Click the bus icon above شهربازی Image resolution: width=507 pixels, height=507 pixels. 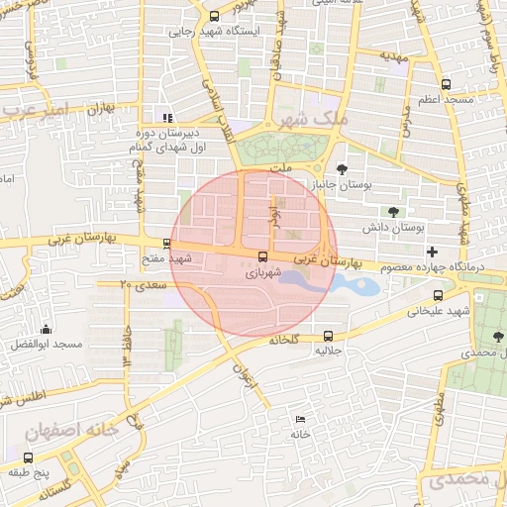(261, 256)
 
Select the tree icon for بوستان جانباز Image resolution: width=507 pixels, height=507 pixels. (343, 168)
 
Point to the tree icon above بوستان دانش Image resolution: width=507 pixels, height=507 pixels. (394, 212)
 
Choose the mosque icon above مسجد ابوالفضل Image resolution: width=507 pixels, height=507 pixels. (46, 330)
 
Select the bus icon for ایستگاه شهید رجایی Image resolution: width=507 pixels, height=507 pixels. (216, 17)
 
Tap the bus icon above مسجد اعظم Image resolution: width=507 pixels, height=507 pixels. (446, 85)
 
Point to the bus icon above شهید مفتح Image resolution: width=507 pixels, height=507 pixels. (166, 244)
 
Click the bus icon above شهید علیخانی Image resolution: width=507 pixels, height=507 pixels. (438, 295)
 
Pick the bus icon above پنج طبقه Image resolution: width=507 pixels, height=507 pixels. (27, 457)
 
